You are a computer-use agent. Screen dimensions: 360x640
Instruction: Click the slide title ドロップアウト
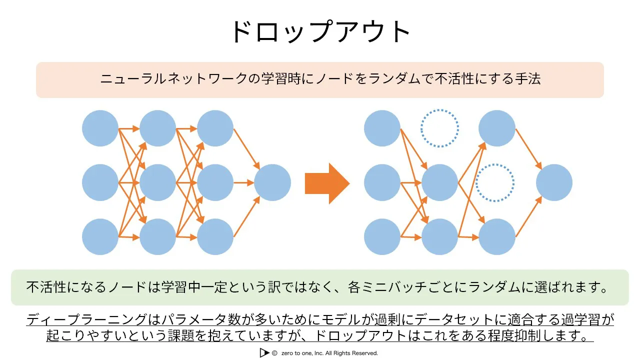point(319,31)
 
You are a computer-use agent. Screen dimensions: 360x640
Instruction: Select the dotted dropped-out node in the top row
point(440,128)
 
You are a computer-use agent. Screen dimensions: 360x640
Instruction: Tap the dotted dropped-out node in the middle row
point(495,182)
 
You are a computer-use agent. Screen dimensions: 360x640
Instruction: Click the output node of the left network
point(272,182)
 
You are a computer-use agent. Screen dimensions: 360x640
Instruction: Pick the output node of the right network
point(554,182)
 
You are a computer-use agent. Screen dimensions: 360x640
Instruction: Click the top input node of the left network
point(100,128)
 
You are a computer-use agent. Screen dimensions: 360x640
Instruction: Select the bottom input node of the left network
point(100,236)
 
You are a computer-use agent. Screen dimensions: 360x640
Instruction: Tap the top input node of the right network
point(382,128)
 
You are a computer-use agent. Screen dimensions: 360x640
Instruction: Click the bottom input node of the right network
point(382,236)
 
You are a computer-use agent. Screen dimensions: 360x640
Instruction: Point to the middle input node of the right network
point(382,182)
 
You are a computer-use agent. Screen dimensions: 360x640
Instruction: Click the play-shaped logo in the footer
point(264,352)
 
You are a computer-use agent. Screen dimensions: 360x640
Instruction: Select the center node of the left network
point(157,182)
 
